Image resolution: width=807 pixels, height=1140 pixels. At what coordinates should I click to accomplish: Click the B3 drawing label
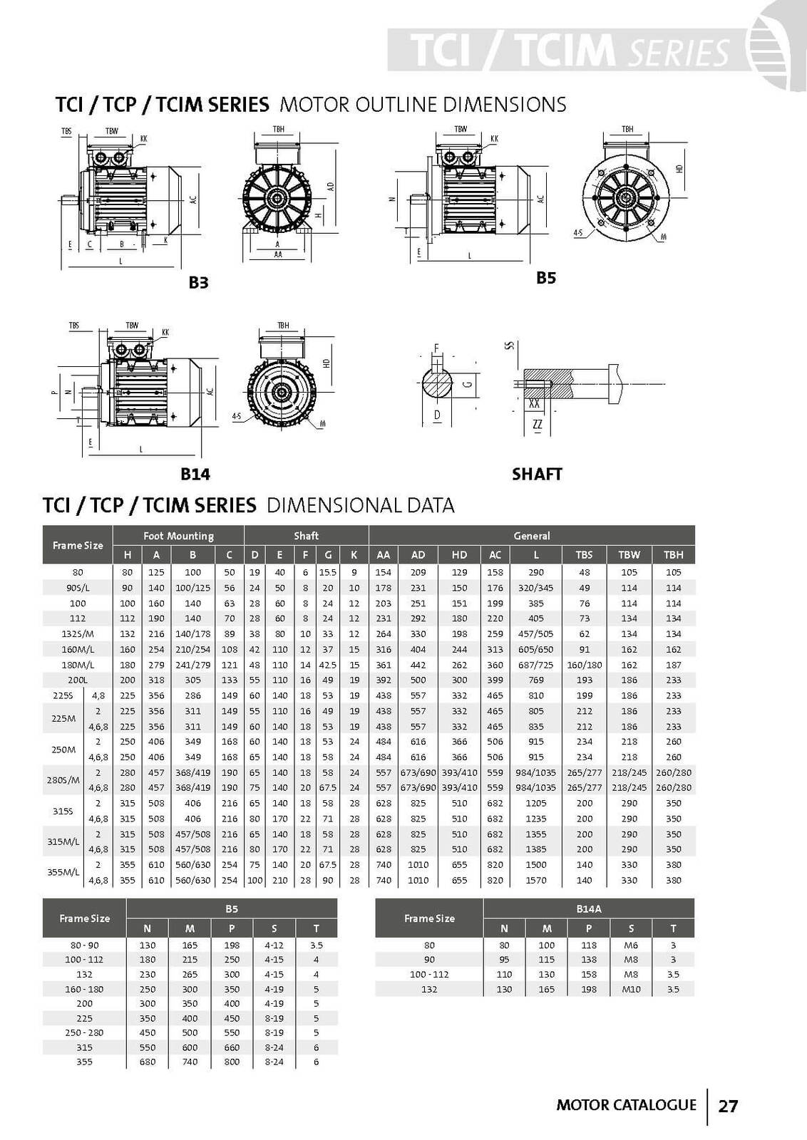(198, 283)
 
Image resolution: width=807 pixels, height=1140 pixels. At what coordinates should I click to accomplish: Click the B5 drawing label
(545, 278)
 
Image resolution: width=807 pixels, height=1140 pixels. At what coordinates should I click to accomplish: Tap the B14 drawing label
(195, 474)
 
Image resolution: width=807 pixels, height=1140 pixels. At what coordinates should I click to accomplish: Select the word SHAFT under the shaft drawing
(537, 474)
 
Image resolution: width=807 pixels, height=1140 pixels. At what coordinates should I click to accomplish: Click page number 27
(728, 1106)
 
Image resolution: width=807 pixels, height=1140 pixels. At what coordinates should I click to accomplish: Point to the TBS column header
(584, 554)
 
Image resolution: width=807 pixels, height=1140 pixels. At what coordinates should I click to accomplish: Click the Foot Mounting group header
(178, 536)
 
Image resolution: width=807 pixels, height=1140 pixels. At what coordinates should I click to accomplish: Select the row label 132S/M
(78, 633)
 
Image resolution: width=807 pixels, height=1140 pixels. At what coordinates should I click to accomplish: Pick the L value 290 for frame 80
(536, 572)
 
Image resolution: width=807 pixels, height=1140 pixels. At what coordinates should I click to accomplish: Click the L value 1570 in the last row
(536, 880)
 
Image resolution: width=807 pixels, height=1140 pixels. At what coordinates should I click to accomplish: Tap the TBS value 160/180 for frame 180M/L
(584, 665)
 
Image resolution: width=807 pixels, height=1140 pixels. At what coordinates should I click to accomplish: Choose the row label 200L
(78, 680)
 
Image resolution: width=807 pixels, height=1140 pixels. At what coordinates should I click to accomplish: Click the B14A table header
(588, 908)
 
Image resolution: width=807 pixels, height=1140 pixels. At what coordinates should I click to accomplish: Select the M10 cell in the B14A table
(631, 989)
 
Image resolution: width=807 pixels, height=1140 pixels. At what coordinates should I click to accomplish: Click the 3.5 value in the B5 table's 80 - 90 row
(316, 945)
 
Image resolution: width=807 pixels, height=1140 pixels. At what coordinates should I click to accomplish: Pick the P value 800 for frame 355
(232, 1062)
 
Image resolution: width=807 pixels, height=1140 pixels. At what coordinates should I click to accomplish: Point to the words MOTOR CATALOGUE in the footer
(626, 1105)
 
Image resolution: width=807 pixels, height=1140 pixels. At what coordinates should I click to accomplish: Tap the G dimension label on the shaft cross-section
(467, 384)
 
